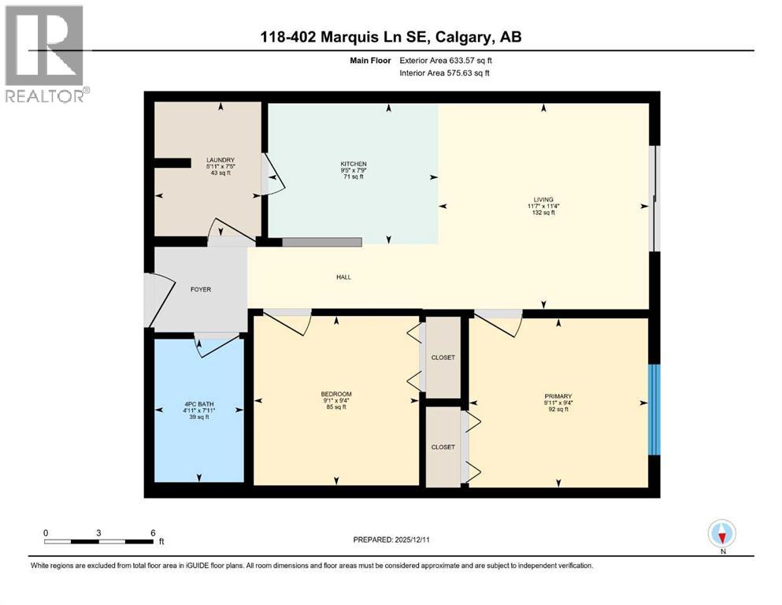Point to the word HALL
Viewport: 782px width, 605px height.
(x=343, y=277)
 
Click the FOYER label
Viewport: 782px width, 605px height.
(x=201, y=289)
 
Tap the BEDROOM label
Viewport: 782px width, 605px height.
(x=335, y=394)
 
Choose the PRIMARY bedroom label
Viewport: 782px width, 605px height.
(x=557, y=396)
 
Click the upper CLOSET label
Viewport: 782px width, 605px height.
(x=443, y=358)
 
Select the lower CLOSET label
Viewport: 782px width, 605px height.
(x=443, y=447)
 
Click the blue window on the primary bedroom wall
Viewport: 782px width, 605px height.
(x=653, y=410)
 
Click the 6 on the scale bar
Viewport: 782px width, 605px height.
(x=152, y=532)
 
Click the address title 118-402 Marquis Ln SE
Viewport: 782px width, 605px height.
(x=391, y=37)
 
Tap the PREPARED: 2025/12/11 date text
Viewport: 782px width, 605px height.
(x=391, y=540)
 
